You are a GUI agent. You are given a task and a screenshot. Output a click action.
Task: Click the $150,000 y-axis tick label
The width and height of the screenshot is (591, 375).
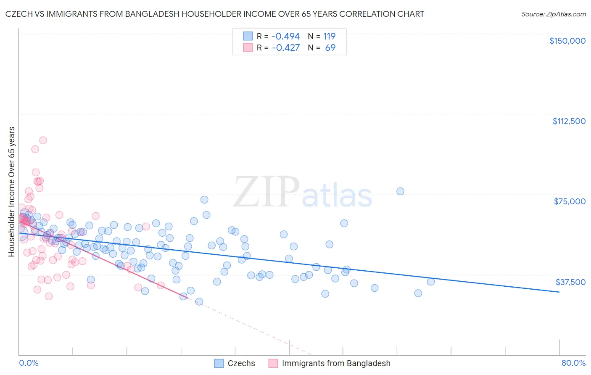tap(567, 41)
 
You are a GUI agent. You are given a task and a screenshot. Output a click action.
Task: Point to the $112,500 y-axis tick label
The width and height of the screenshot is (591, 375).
tap(569, 121)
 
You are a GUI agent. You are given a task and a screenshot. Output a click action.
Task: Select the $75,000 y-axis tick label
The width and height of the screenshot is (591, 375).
tap(570, 201)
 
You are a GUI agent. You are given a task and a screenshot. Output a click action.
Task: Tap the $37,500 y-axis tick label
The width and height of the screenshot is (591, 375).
tap(570, 282)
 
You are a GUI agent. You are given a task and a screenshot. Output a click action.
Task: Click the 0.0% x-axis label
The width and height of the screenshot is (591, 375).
tap(29, 363)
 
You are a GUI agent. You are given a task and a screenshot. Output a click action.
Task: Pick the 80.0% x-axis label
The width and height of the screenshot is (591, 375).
tap(573, 363)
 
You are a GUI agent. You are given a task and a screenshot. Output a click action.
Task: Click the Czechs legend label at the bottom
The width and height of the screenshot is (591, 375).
tap(241, 363)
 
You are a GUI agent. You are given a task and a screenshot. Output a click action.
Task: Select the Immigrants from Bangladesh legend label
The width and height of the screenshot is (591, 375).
tap(336, 363)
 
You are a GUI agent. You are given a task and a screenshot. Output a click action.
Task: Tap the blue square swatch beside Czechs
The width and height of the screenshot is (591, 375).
tap(219, 363)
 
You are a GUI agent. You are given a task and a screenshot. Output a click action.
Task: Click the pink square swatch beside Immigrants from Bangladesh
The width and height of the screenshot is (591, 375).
tap(273, 363)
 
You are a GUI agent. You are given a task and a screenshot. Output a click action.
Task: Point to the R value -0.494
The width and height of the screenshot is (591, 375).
tap(285, 36)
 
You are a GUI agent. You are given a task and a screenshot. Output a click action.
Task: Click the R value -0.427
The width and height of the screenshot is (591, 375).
tap(286, 48)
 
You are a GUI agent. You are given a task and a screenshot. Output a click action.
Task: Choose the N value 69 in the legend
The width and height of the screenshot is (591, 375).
tap(330, 48)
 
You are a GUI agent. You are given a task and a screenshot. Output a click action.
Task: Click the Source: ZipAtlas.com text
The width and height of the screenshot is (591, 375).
tap(553, 14)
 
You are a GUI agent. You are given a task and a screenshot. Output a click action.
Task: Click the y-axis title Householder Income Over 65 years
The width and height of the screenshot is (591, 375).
tap(11, 191)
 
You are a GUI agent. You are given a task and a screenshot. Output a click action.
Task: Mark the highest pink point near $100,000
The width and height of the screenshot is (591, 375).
tap(43, 140)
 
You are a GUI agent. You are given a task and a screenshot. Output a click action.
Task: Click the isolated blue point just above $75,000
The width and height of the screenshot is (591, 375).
tap(400, 191)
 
